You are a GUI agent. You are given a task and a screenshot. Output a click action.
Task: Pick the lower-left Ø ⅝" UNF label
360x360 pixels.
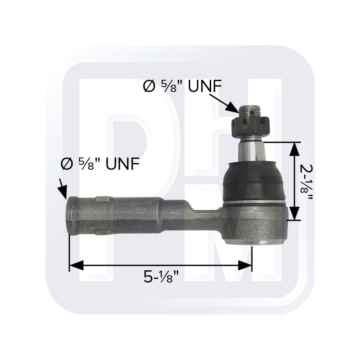point(100,164)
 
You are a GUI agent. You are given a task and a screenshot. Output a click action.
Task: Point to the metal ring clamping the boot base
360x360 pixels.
point(255,203)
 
